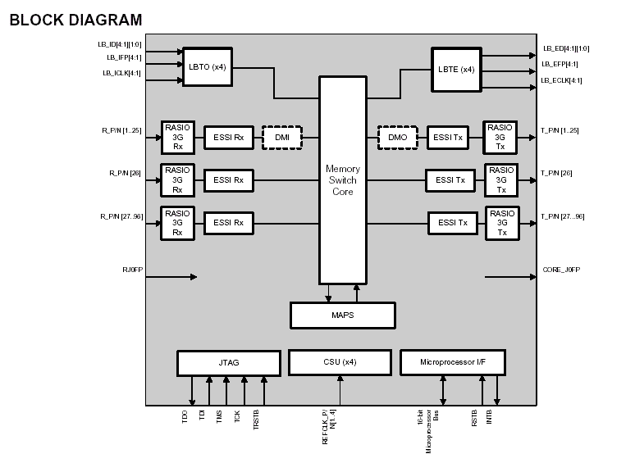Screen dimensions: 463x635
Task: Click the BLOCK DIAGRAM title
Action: tap(75, 20)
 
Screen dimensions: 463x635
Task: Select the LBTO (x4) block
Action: tap(207, 66)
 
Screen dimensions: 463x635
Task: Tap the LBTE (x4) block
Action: tap(456, 68)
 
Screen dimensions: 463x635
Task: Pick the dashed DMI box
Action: tap(282, 137)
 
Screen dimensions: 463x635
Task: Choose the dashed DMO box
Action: tap(398, 138)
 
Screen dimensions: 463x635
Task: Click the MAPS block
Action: tap(343, 315)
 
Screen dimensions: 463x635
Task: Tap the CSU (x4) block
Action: tap(339, 361)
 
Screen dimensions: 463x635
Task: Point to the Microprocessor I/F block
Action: tap(452, 362)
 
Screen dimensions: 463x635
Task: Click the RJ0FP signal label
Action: tap(132, 269)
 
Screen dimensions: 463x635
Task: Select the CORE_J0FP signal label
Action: tap(561, 269)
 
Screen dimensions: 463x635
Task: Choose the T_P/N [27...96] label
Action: tap(562, 217)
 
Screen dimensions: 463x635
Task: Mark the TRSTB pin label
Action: tap(256, 416)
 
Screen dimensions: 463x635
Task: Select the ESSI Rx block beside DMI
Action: tap(228, 137)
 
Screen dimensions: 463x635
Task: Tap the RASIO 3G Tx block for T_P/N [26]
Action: tap(500, 179)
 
